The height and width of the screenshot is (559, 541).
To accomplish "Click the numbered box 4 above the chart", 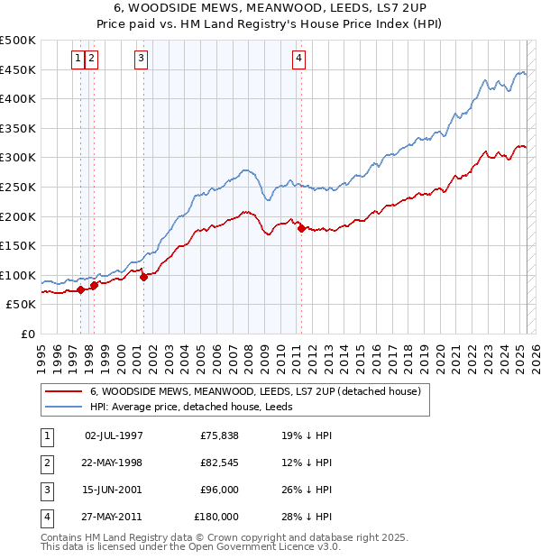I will click(x=298, y=60).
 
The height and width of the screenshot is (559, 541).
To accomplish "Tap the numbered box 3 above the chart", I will click(x=142, y=60).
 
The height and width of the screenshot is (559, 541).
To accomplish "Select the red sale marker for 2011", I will click(x=301, y=228).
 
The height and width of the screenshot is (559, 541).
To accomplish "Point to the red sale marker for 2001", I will click(x=144, y=278).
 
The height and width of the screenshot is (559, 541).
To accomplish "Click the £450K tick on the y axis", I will click(x=18, y=69).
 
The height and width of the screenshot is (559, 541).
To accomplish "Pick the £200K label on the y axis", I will click(x=18, y=216).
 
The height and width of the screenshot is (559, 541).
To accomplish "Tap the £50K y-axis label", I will click(x=22, y=305).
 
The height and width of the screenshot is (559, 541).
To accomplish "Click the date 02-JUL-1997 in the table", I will click(x=114, y=435).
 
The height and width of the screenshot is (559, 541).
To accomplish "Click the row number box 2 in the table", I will click(x=46, y=463).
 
